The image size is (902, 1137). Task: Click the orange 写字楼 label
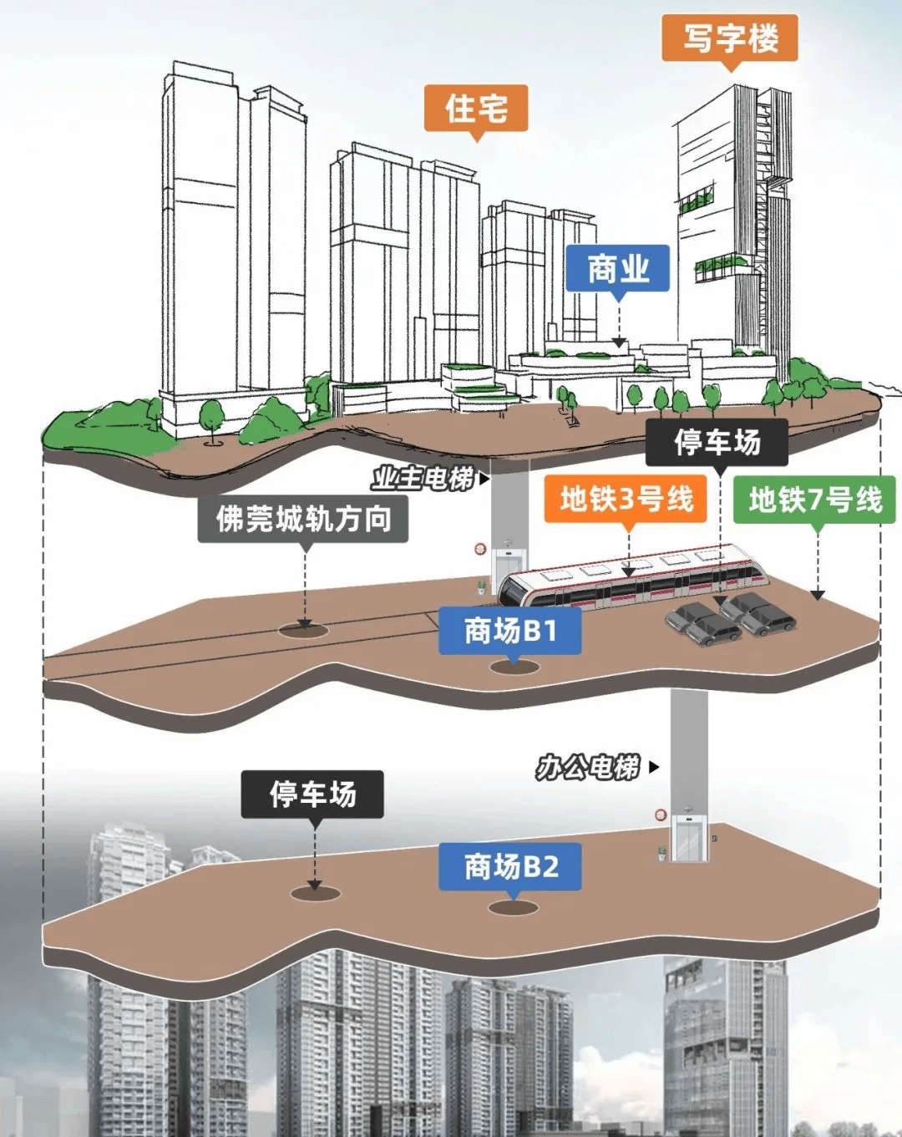click(x=730, y=38)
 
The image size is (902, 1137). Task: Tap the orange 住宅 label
click(x=476, y=109)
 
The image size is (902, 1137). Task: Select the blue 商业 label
click(x=618, y=269)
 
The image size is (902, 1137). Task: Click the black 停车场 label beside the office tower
click(x=717, y=442)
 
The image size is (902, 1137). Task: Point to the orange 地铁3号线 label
click(x=626, y=500)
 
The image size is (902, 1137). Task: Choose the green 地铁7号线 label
click(x=814, y=500)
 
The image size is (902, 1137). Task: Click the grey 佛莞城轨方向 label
click(x=303, y=519)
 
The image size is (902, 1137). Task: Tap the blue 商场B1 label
click(x=510, y=631)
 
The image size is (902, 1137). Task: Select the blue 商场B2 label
click(x=510, y=866)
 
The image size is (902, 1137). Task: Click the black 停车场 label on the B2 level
click(x=312, y=794)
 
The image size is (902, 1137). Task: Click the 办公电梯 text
click(x=589, y=767)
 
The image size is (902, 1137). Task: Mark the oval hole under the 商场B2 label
click(x=513, y=907)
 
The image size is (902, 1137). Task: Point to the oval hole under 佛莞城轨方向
click(x=304, y=629)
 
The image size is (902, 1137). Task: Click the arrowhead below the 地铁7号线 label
click(x=818, y=595)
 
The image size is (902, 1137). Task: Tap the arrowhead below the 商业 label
click(x=619, y=343)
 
